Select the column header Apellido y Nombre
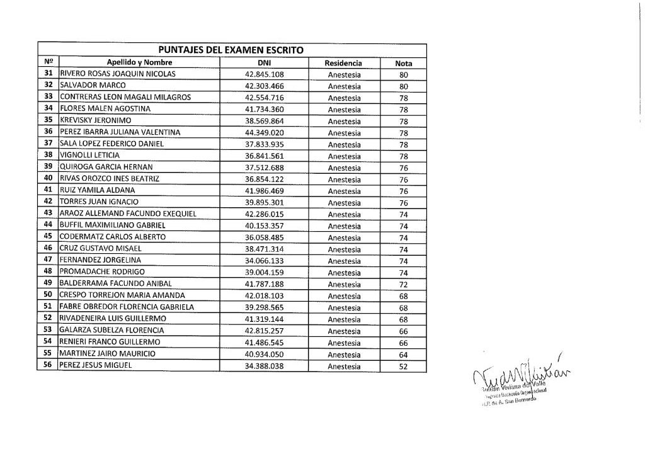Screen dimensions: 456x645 click(x=140, y=62)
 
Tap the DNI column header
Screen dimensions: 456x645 click(x=264, y=62)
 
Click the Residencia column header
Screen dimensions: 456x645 click(x=343, y=62)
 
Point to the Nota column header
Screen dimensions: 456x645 click(x=404, y=62)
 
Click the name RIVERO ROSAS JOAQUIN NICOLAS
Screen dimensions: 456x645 click(x=117, y=74)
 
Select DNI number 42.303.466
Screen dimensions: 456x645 click(x=265, y=86)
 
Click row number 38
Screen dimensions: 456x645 click(x=48, y=156)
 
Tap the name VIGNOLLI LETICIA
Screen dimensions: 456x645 click(x=89, y=156)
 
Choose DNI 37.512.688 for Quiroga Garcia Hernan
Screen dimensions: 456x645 click(x=265, y=168)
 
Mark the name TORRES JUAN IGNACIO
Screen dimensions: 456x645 click(x=98, y=202)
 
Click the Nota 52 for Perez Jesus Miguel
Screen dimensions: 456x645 click(x=404, y=366)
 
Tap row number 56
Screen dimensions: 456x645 click(x=48, y=366)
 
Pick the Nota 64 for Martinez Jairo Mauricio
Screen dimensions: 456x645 click(x=404, y=354)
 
